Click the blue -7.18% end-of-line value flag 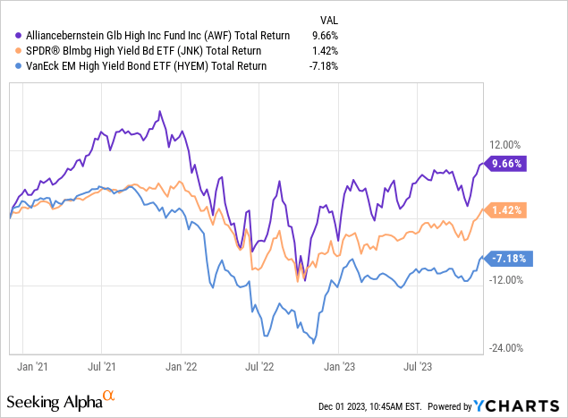[508, 258]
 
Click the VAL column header [329, 19]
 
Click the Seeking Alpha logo [60, 397]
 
